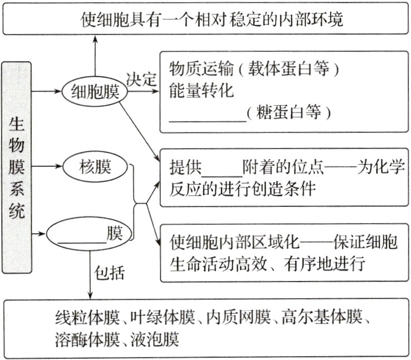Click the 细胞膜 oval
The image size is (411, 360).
pos(94,91)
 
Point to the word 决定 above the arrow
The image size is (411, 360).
pos(141,78)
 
